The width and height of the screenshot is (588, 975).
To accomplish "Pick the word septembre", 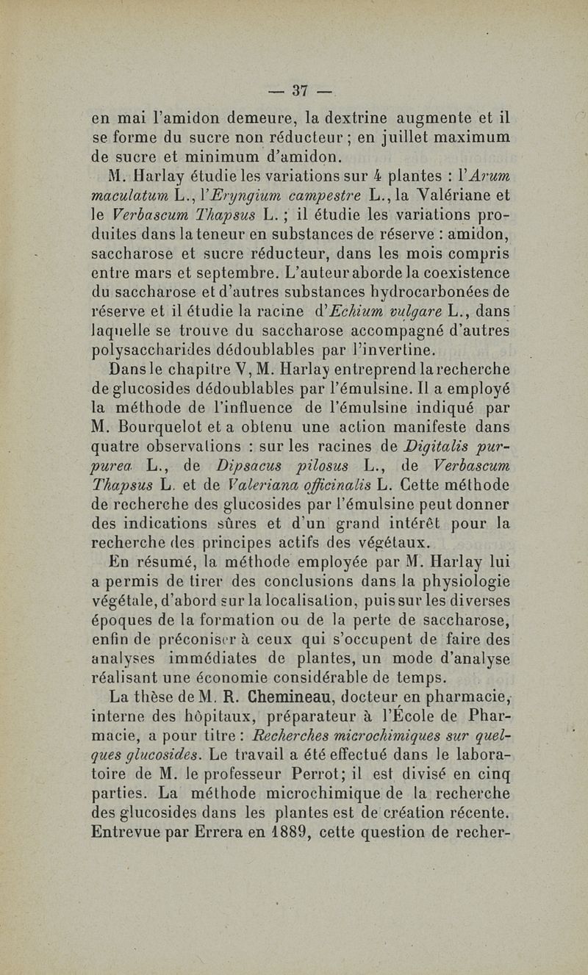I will [x=240, y=276].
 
